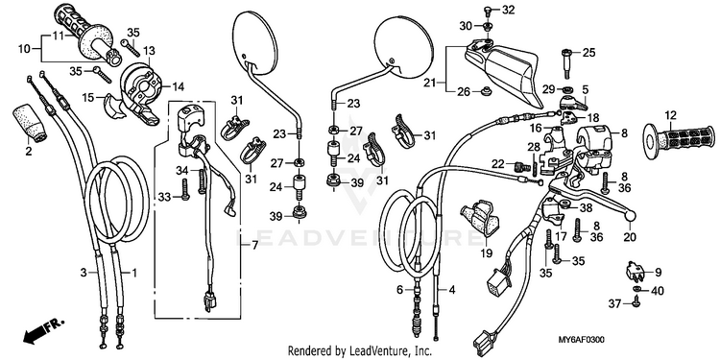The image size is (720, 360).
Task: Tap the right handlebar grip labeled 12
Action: pos(680,140)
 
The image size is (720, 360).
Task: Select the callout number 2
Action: pos(29,151)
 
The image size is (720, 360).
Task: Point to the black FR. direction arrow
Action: pos(42,331)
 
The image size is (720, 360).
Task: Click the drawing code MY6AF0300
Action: pos(581,340)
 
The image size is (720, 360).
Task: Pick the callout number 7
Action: pos(254,245)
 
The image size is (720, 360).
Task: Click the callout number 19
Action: pos(487,252)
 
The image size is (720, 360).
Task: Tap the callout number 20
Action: pos(630,237)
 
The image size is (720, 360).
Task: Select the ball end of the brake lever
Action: pos(630,214)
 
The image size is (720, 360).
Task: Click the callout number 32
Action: pos(508,10)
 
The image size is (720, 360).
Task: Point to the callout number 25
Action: pos(588,53)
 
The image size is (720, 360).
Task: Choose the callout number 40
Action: pos(658,291)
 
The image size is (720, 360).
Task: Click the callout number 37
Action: pos(614,303)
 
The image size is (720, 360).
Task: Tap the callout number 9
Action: pos(658,273)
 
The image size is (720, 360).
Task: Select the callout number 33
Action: pos(164,197)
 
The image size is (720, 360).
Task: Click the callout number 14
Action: pos(178,85)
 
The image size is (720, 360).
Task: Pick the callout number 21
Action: pos(429,84)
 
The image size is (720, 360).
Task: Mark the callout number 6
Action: pos(400,290)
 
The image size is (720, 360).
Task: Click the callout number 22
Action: pos(498,164)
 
